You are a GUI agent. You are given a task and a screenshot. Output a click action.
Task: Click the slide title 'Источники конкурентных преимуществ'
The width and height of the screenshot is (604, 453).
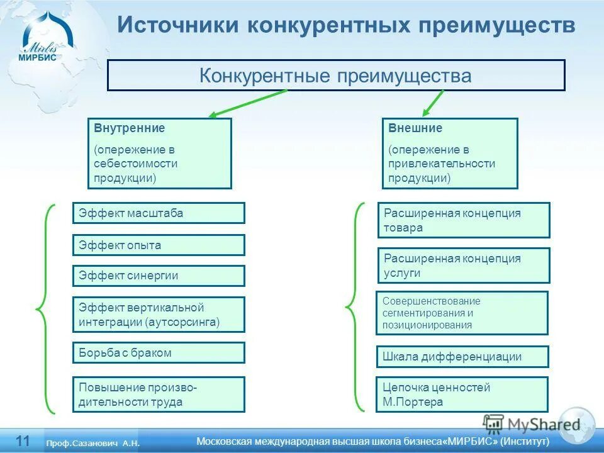pyautogui.click(x=346, y=25)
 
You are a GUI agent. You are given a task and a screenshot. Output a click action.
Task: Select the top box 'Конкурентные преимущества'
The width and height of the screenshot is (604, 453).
pyautogui.click(x=336, y=75)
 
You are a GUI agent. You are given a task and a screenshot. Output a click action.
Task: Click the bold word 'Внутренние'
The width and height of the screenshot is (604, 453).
pyautogui.click(x=130, y=128)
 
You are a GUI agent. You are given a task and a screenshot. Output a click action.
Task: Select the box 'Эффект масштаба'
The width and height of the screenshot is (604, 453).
pyautogui.click(x=159, y=213)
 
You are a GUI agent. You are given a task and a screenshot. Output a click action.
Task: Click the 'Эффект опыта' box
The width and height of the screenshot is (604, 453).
pyautogui.click(x=159, y=245)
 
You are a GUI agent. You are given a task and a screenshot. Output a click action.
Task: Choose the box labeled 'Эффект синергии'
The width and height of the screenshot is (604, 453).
pyautogui.click(x=159, y=276)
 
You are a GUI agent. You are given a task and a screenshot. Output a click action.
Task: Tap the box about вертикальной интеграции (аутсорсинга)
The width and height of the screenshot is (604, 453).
pyautogui.click(x=159, y=315)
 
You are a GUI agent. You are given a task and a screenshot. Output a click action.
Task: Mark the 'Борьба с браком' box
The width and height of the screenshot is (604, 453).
pyautogui.click(x=159, y=353)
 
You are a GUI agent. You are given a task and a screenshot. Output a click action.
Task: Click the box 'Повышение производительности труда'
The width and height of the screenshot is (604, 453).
pyautogui.click(x=159, y=394)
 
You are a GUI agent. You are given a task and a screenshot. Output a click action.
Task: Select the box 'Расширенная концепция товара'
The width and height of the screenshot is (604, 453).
pyautogui.click(x=464, y=220)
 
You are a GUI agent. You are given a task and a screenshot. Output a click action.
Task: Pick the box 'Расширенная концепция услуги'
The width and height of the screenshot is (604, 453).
pyautogui.click(x=464, y=266)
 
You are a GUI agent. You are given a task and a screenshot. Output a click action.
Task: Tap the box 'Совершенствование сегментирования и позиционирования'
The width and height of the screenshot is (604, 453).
pyautogui.click(x=462, y=313)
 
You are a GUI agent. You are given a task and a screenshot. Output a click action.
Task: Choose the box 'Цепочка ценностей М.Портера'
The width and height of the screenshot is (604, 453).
pyautogui.click(x=462, y=394)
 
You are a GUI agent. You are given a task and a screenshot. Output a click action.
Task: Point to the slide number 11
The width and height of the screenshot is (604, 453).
pyautogui.click(x=23, y=440)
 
